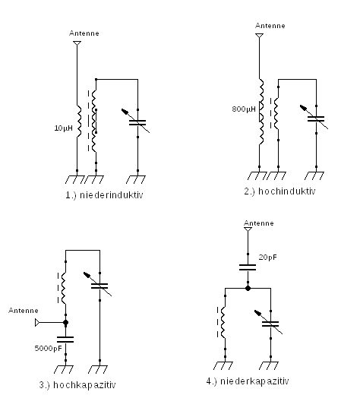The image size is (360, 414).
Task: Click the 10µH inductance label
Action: pyautogui.click(x=63, y=128)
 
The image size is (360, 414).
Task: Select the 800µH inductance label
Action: pyautogui.click(x=244, y=109)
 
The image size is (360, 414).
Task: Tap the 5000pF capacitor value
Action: pyautogui.click(x=49, y=349)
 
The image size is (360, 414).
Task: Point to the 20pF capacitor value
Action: pyautogui.click(x=268, y=258)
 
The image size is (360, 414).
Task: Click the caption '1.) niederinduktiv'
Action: pyautogui.click(x=104, y=195)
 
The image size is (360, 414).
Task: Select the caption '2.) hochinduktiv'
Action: pyautogui.click(x=279, y=191)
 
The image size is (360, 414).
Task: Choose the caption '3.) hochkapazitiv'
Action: pyautogui.click(x=77, y=385)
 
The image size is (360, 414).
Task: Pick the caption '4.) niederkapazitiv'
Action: pyautogui.click(x=248, y=381)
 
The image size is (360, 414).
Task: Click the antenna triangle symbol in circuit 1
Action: pyautogui.click(x=77, y=43)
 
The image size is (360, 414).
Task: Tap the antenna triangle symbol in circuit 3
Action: pyautogui.click(x=37, y=322)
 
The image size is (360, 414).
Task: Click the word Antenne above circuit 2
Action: pyautogui.click(x=270, y=26)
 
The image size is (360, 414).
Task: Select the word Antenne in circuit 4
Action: pyautogui.click(x=259, y=223)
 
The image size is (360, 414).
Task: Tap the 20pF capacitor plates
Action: pyautogui.click(x=248, y=267)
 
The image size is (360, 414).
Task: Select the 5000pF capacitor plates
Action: pyautogui.click(x=65, y=340)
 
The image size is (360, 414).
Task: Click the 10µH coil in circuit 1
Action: pyautogui.click(x=79, y=121)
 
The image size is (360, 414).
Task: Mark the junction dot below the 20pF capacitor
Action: pyautogui.click(x=248, y=289)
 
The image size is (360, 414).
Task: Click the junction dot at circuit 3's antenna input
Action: pyautogui.click(x=66, y=322)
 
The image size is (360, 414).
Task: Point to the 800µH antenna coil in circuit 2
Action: pyautogui.click(x=261, y=112)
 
